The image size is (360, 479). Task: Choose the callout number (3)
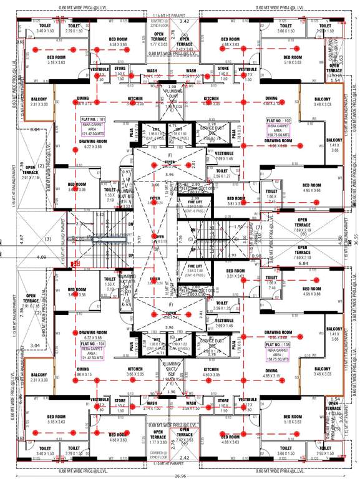47,238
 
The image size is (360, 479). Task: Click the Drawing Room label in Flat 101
90,141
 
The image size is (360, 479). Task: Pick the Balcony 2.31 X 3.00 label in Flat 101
38,102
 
